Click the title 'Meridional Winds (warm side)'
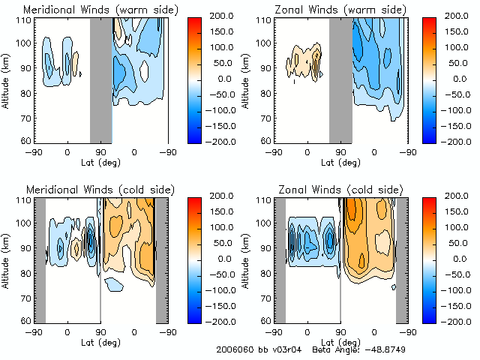click(100, 10)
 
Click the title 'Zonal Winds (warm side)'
click(339, 10)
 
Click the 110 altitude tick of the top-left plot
click(22, 20)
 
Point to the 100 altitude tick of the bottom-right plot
click(262, 223)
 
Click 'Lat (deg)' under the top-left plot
click(100, 161)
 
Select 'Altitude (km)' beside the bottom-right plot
click(246, 259)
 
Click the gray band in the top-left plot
click(100, 79)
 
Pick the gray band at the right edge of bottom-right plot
click(401, 259)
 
